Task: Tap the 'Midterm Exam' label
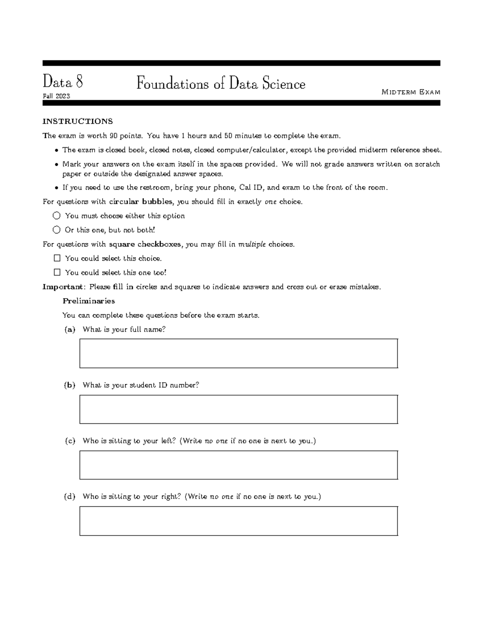[x=411, y=92]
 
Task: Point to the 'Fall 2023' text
[x=56, y=96]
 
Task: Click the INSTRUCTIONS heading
[x=78, y=122]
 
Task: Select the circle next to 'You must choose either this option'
[x=56, y=216]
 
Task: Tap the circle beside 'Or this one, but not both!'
[x=56, y=230]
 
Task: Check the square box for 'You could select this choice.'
[x=57, y=258]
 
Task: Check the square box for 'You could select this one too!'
[x=57, y=272]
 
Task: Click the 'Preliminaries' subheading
[x=89, y=301]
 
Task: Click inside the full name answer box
[x=238, y=353]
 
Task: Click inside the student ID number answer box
[x=238, y=409]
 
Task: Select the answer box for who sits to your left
[x=238, y=465]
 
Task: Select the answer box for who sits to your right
[x=238, y=521]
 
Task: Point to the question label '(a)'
[x=70, y=330]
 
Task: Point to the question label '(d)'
[x=70, y=497]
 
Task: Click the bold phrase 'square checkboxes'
[x=145, y=244]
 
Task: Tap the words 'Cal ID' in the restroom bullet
[x=251, y=188]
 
